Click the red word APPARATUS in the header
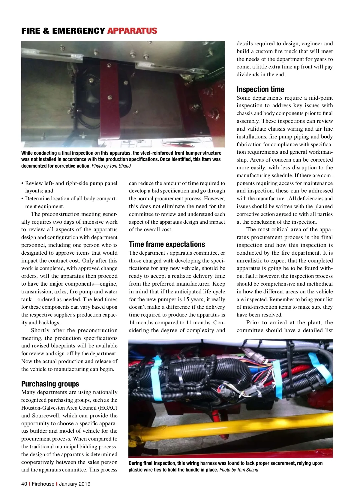(x=132, y=31)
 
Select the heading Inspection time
(x=260, y=89)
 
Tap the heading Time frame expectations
(x=167, y=244)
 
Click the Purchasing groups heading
(x=50, y=384)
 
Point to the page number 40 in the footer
(x=24, y=484)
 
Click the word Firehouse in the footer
(x=43, y=484)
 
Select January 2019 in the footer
(x=75, y=484)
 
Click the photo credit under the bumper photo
(x=111, y=166)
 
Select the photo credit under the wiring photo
(x=238, y=470)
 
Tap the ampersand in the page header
(x=46, y=31)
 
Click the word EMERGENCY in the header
(x=79, y=31)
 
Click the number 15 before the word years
(x=187, y=299)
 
